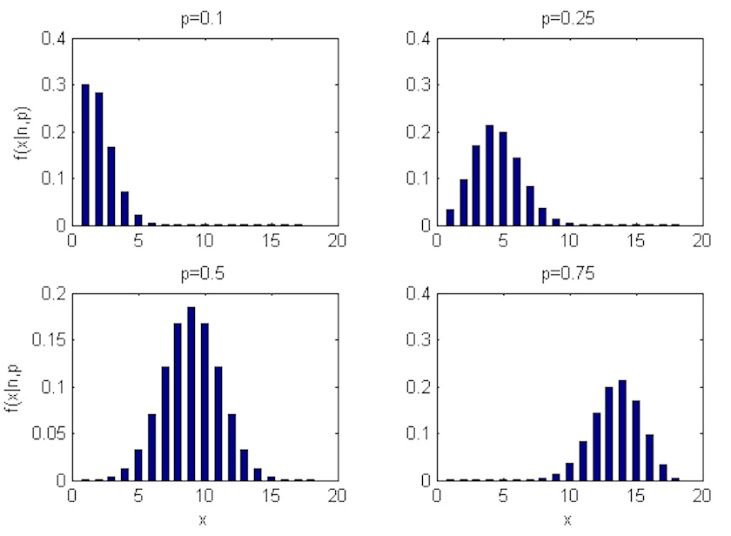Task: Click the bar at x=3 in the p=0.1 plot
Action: click(x=111, y=186)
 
